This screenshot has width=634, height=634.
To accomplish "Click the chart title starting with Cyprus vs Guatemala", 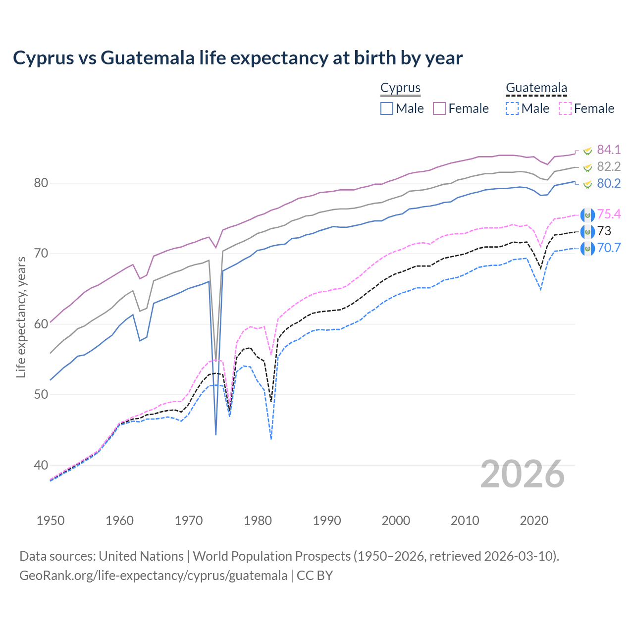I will [x=238, y=58].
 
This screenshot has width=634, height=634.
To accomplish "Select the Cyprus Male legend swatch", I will [x=387, y=108].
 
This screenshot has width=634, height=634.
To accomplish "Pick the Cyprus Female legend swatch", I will [x=439, y=108].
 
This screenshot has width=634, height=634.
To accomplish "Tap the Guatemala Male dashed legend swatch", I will [x=512, y=108].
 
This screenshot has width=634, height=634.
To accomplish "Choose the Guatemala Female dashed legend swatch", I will [x=565, y=108].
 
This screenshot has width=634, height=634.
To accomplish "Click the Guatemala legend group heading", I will [x=536, y=88].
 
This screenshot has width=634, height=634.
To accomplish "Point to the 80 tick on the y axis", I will [x=41, y=183].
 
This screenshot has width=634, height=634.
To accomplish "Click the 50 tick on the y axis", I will [x=41, y=395].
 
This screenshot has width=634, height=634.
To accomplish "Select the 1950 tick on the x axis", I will [x=51, y=521].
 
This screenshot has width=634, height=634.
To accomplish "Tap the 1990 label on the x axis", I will [x=327, y=521].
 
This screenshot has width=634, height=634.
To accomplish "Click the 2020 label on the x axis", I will [x=534, y=521].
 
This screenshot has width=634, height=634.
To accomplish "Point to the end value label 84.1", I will [x=608, y=150].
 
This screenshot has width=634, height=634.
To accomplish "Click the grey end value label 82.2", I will [x=608, y=166].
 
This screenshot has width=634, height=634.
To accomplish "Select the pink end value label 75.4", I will [x=609, y=214].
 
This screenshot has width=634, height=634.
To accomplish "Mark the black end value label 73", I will [x=604, y=231].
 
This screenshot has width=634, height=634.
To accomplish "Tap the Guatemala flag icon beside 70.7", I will [x=587, y=248].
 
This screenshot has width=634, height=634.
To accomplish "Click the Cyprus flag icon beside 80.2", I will [x=587, y=184].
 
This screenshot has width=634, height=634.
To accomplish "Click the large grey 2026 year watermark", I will [x=523, y=474].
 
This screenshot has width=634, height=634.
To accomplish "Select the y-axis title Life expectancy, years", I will [x=21, y=317].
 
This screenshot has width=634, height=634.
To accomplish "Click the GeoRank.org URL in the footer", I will [x=153, y=576].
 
